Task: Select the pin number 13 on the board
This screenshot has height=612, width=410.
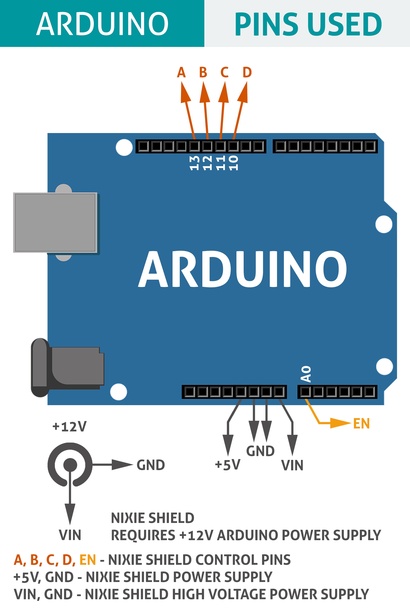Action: (195, 163)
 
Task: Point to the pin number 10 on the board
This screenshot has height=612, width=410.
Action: (234, 163)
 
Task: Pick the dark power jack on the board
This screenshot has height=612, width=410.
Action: (67, 367)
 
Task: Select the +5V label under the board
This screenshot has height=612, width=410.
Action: (227, 465)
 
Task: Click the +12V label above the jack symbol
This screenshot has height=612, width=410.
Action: (69, 427)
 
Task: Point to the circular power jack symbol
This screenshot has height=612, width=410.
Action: (70, 465)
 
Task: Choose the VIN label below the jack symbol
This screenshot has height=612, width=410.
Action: (70, 535)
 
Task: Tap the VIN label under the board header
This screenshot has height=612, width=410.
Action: (292, 465)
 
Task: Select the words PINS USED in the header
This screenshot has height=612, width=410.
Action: (308, 24)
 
